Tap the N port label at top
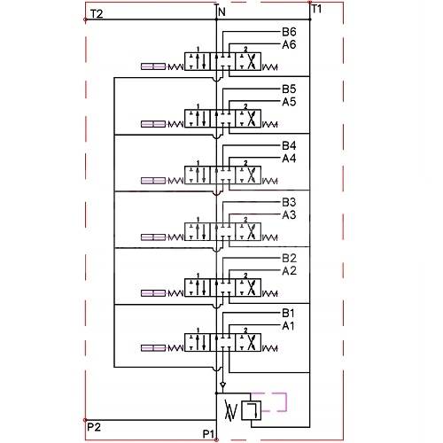click(x=221, y=12)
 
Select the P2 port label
click(x=93, y=427)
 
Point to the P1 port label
click(x=209, y=433)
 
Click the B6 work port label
click(x=289, y=33)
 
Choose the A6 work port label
click(x=289, y=44)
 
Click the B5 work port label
click(x=289, y=89)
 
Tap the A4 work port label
click(x=289, y=159)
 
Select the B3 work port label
click(x=289, y=203)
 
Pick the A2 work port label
click(x=289, y=270)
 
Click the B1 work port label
click(x=289, y=314)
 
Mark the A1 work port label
click(x=289, y=326)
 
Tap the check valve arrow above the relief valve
click(x=222, y=385)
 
